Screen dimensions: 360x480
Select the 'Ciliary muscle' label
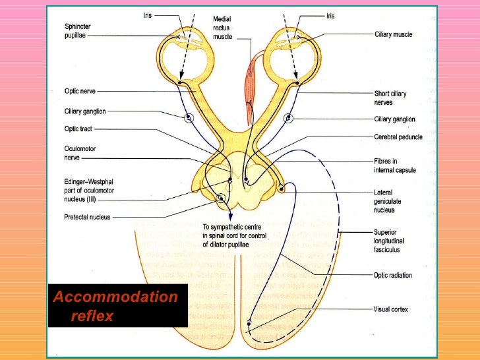pyautogui.click(x=393, y=34)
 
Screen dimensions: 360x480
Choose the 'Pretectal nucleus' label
pyautogui.click(x=86, y=216)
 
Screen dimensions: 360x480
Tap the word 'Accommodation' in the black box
pyautogui.click(x=115, y=297)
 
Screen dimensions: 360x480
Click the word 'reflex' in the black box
pyautogui.click(x=92, y=316)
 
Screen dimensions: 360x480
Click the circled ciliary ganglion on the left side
pyautogui.click(x=189, y=119)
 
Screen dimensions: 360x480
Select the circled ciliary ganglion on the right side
pyautogui.click(x=288, y=119)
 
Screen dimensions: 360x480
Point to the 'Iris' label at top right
pyautogui.click(x=331, y=16)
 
